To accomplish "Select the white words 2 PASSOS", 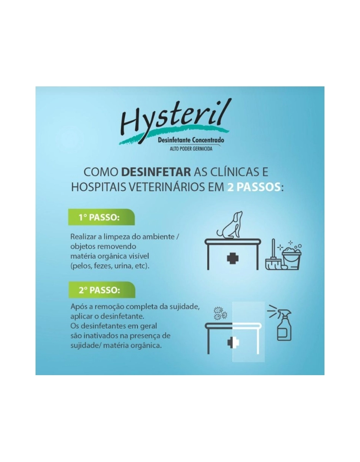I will pyautogui.click(x=253, y=187).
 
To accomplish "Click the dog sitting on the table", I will pyautogui.click(x=232, y=225).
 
